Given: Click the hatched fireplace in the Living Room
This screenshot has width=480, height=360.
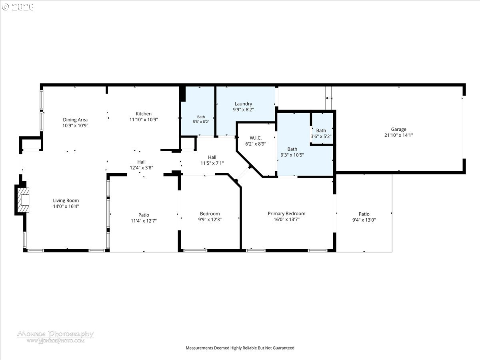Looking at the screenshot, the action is pos(23,200).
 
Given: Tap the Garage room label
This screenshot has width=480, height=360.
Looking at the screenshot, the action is pos(398,129).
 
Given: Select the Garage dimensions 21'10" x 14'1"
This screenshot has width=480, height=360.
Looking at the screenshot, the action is pos(398,135).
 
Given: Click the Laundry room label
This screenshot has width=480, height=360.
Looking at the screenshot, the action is pos(243,104).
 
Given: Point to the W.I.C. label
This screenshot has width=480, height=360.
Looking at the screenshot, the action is pos(256,138).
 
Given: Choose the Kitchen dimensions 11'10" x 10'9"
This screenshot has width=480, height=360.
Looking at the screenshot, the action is pos(144,120).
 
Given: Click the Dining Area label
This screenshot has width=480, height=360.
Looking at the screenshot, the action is pos(75,120).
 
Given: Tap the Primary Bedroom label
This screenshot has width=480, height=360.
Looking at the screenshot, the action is pos(286,214).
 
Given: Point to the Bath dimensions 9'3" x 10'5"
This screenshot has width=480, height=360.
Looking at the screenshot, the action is pos(292,155).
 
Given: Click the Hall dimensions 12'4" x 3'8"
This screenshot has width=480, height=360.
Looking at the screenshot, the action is pos(141,168).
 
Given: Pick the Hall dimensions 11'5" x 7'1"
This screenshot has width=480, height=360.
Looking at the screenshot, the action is pos(212,163).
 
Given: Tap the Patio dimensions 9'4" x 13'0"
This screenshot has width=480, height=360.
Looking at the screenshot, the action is pos(364,220).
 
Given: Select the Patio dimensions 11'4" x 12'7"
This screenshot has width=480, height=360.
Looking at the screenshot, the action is pos(144,221).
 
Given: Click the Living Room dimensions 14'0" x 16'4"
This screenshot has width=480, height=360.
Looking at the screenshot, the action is pos(66,206).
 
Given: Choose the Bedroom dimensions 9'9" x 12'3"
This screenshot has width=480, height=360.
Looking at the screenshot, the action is pos(210,220).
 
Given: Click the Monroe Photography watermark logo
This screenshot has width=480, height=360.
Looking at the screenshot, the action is pos(55,337).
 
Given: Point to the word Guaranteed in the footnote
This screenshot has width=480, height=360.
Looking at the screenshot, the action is pos(284,348).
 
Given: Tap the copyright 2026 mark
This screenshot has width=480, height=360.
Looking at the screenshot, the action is pos(18,7).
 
